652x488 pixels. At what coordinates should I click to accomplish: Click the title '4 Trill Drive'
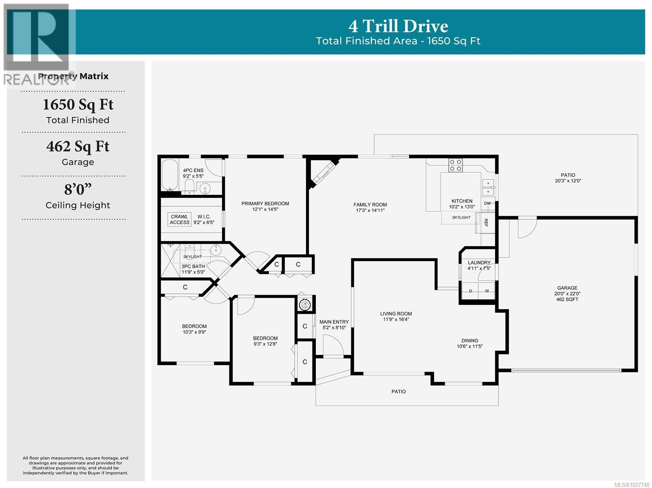(x=398, y=26)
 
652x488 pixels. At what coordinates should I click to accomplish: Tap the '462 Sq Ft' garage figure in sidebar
(x=78, y=146)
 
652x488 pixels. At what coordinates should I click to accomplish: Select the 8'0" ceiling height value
(x=78, y=189)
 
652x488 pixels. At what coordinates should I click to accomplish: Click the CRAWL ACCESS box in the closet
(x=180, y=219)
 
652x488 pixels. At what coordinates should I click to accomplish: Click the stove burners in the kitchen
(x=456, y=165)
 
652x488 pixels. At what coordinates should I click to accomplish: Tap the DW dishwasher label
(x=487, y=204)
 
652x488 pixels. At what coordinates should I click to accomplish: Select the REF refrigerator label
(x=486, y=223)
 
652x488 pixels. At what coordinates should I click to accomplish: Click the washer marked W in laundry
(x=487, y=291)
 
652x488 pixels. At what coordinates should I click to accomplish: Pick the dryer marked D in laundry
(x=471, y=291)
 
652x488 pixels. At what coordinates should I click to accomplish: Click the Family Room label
(x=370, y=205)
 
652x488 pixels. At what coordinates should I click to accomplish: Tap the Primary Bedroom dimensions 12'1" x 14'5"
(x=265, y=210)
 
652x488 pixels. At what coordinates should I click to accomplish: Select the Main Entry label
(x=334, y=322)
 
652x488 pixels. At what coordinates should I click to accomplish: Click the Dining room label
(x=469, y=341)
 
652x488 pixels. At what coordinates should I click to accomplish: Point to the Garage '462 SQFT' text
(x=567, y=300)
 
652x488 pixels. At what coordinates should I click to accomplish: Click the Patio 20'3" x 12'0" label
(x=568, y=178)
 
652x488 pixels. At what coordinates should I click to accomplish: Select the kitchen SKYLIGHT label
(x=461, y=217)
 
